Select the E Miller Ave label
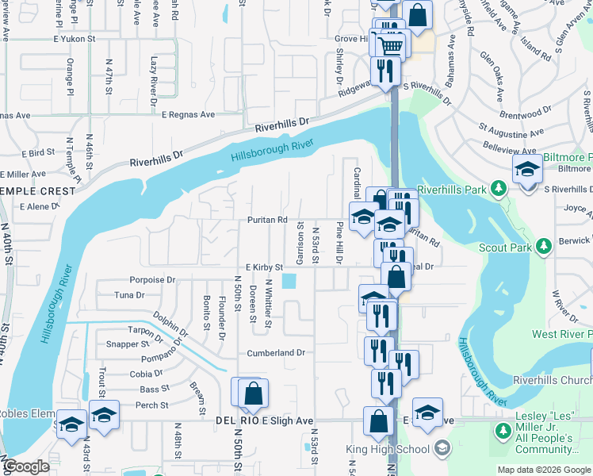[24, 174]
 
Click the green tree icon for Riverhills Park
[498, 189]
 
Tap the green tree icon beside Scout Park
[544, 247]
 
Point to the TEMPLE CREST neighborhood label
[29, 190]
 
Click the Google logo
[26, 466]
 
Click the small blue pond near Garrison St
[289, 282]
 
